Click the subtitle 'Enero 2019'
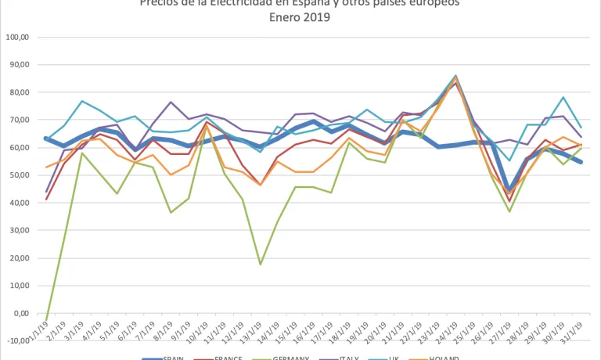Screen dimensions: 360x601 pos(300,17)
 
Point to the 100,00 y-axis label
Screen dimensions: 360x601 pos(16,37)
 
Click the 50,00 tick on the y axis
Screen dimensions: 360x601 pos(18,175)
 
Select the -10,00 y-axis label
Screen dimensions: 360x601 pos(16,341)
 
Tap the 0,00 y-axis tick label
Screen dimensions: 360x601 pos(20,314)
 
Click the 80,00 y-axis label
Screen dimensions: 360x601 pos(18,92)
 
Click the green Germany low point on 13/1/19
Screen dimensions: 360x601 pos(260,265)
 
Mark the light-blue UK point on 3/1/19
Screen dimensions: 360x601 pos(81,101)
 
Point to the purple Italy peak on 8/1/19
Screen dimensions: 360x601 pos(171,102)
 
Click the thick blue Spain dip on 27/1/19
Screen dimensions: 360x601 pos(509,190)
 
